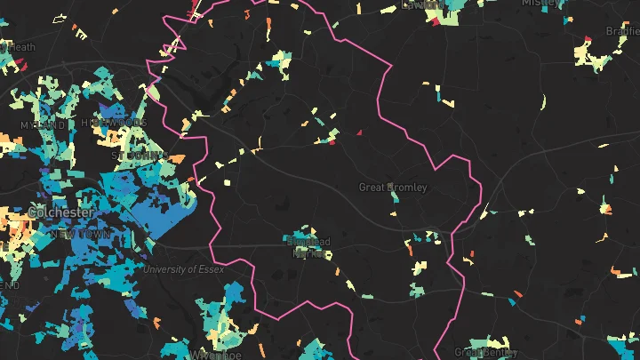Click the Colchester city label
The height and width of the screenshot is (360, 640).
pyautogui.click(x=60, y=213)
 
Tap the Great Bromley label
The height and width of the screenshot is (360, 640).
pyautogui.click(x=393, y=188)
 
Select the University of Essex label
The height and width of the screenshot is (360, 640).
pyautogui.click(x=184, y=268)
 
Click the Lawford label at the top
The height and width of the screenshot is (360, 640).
pyautogui.click(x=421, y=4)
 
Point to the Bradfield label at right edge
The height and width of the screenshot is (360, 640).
pyautogui.click(x=623, y=30)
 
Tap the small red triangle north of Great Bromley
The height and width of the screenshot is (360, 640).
pyautogui.click(x=360, y=132)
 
